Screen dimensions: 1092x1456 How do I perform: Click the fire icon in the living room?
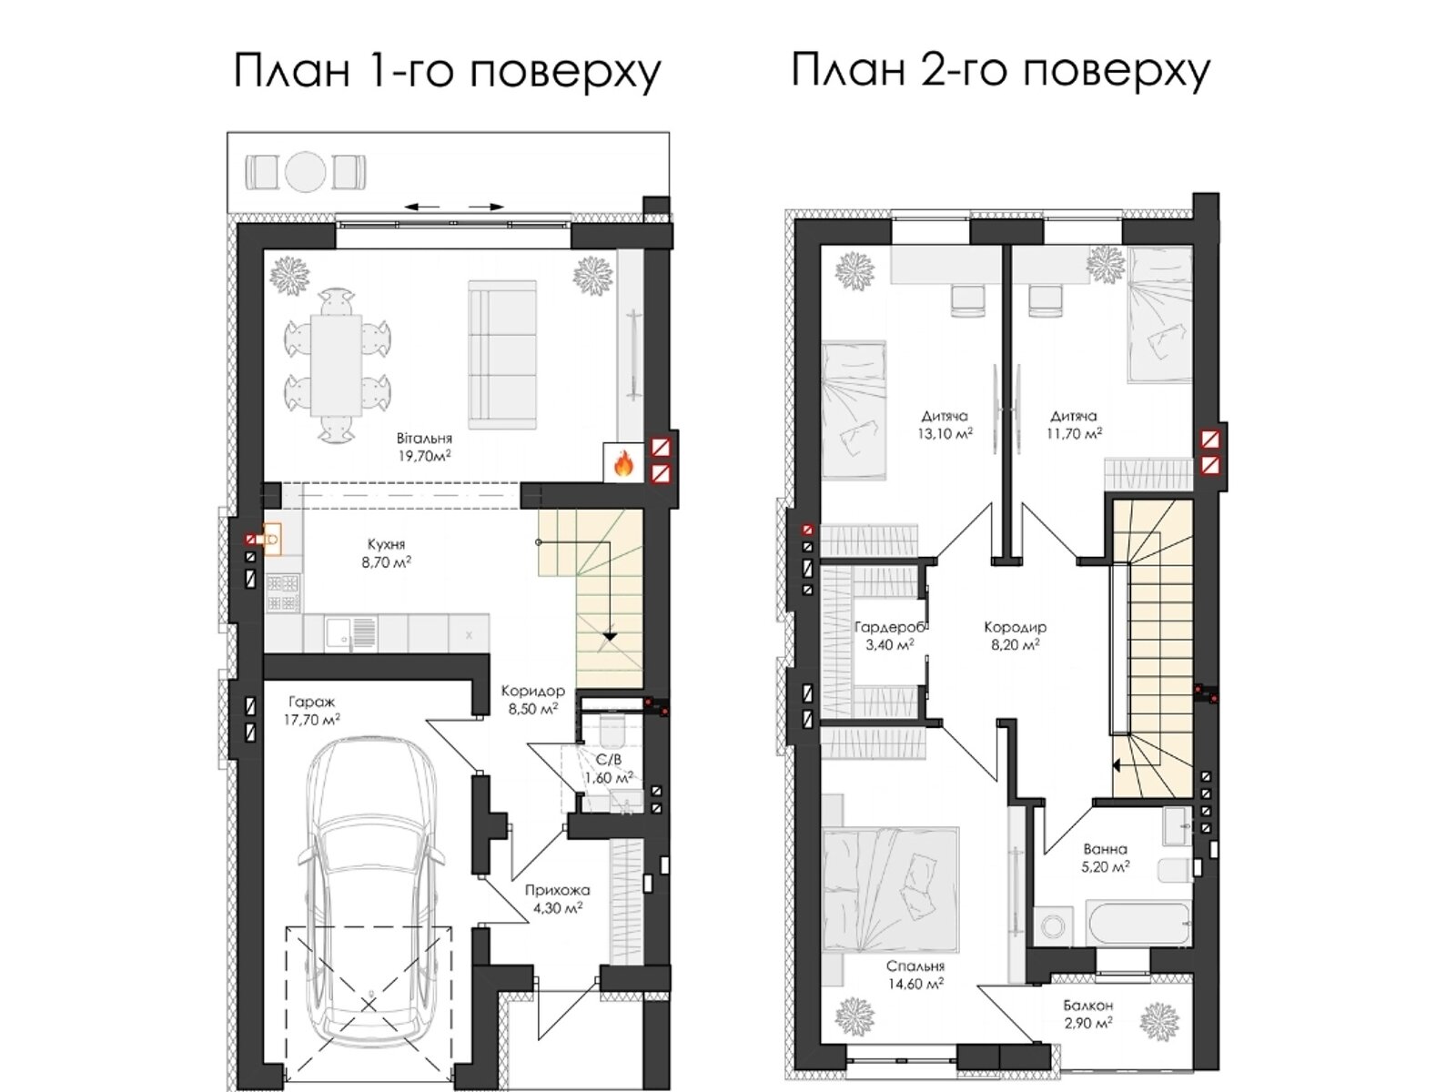[623, 464]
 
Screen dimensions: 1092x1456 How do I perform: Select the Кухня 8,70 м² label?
[386, 553]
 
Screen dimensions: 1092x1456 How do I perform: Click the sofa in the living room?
[504, 354]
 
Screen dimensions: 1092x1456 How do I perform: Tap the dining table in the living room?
[336, 363]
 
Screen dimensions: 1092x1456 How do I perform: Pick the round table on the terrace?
[305, 171]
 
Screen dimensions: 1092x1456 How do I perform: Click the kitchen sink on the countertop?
[339, 631]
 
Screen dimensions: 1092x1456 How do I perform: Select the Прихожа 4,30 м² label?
[557, 898]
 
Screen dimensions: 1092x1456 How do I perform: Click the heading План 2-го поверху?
[1000, 70]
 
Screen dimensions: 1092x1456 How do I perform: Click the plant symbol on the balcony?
[1159, 1021]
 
